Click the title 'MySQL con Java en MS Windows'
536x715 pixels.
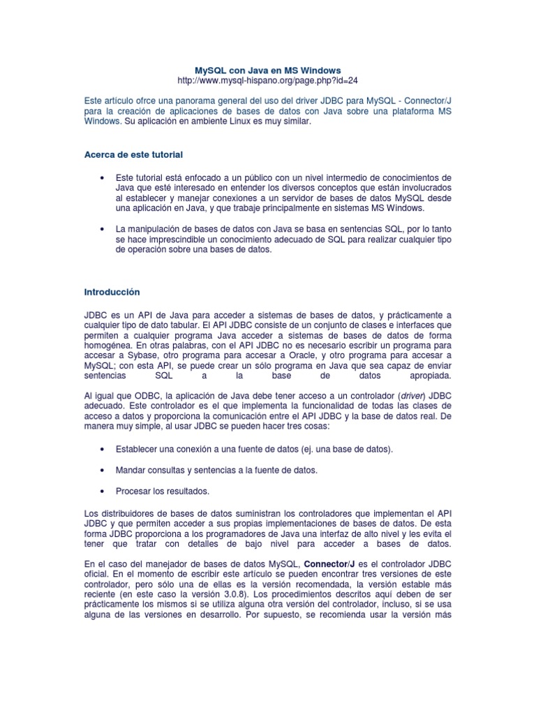coord(267,71)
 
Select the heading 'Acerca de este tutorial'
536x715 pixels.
coord(133,154)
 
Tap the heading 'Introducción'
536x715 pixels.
coord(112,291)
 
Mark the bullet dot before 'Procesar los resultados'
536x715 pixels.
coord(103,490)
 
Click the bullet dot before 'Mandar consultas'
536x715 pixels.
coord(103,470)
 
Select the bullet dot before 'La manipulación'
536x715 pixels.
coord(103,229)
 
